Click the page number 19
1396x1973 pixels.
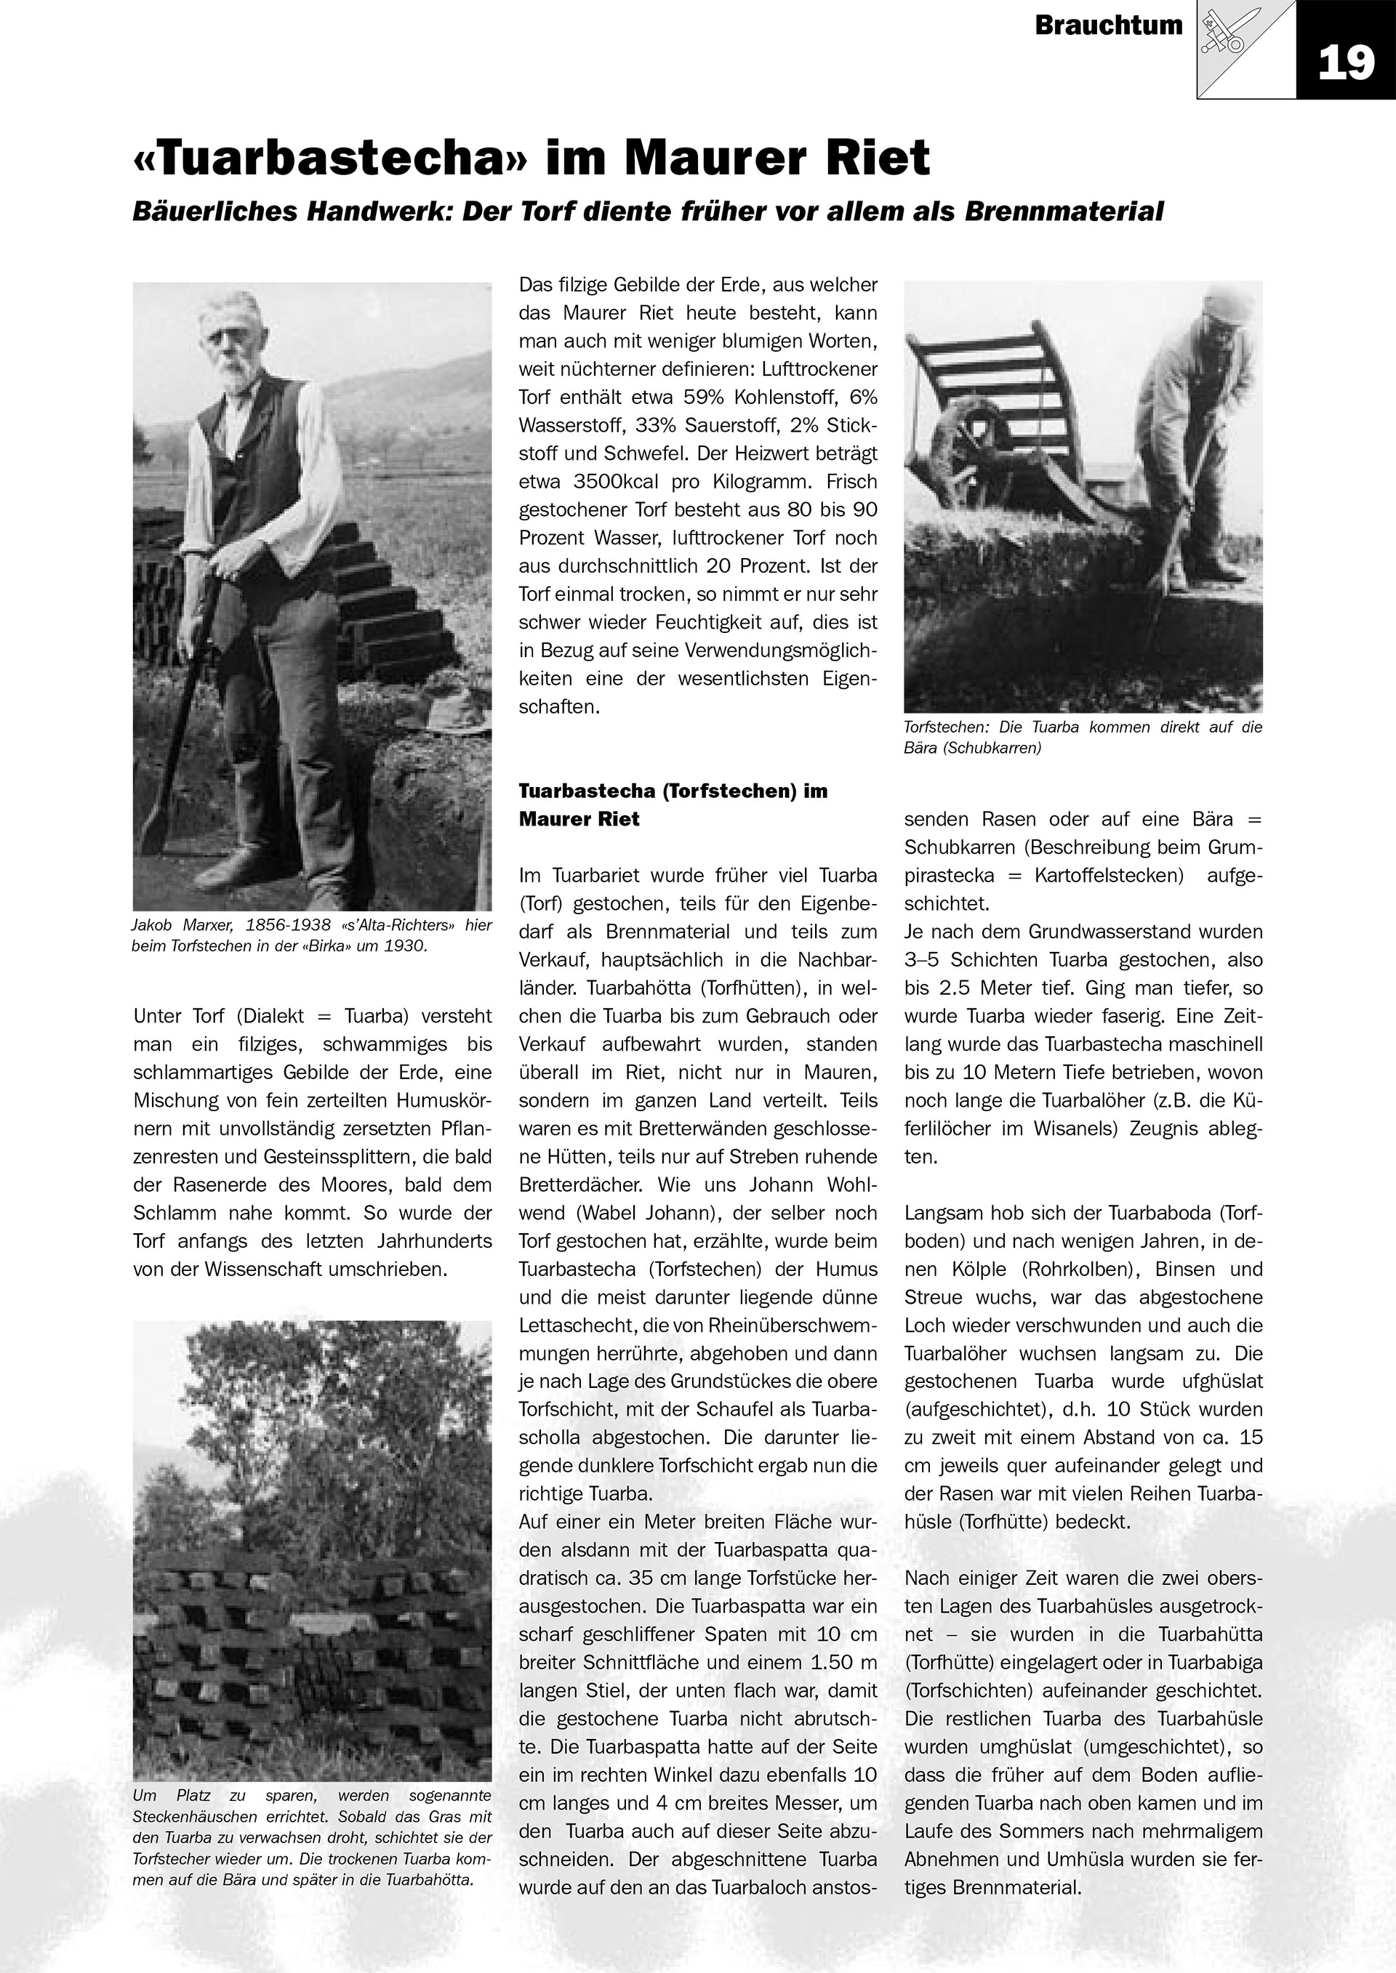tap(1345, 62)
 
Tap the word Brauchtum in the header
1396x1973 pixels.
tap(1108, 25)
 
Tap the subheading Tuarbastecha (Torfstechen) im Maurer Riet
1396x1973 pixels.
tap(673, 804)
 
